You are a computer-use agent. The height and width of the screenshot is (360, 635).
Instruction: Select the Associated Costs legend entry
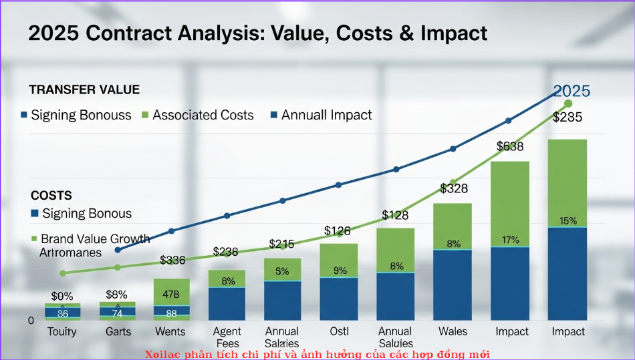[x=203, y=115]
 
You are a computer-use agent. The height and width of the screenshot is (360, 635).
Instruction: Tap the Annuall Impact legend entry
[x=326, y=115]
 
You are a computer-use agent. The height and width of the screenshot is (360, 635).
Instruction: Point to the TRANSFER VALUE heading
[x=84, y=89]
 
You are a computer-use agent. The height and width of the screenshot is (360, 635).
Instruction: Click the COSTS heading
[x=51, y=196]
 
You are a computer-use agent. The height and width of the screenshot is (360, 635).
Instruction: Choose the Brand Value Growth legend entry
[x=95, y=238]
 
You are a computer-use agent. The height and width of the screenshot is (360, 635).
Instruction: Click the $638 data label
[x=510, y=146]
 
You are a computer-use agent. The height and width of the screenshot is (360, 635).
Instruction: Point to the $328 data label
[x=454, y=189]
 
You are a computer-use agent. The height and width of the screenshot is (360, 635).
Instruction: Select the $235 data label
[x=567, y=118]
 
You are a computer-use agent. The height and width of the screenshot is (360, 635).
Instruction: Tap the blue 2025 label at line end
[x=571, y=92]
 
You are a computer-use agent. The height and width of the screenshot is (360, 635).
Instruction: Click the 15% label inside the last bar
[x=568, y=221]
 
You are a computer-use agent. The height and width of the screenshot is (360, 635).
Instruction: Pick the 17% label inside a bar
[x=510, y=240]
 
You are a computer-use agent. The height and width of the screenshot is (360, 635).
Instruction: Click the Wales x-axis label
[x=453, y=331]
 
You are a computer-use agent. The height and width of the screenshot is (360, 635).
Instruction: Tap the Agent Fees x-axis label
[x=227, y=337]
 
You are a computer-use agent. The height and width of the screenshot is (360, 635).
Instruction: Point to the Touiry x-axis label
[x=62, y=331]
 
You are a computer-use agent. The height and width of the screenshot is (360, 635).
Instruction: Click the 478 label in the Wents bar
[x=171, y=294]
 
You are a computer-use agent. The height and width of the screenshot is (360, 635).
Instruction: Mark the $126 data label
[x=338, y=231]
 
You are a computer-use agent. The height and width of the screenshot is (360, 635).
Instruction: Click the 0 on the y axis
[x=31, y=321]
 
